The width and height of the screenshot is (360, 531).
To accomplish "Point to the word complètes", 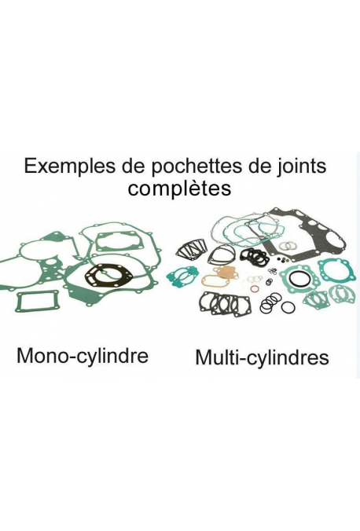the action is point(179,189).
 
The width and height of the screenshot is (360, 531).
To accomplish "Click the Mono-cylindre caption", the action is point(83,356).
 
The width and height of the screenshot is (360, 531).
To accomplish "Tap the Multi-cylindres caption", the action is point(262,357).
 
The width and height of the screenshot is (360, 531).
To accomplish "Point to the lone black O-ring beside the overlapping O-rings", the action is point(288,307).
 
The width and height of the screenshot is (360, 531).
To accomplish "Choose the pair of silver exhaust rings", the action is point(288,244).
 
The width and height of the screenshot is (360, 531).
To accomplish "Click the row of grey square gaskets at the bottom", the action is point(225,304).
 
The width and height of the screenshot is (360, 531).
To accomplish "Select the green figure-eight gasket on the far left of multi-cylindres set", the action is point(182,275).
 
